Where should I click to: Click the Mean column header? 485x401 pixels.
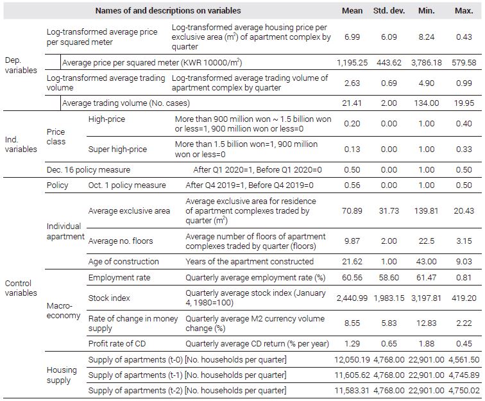[x=352, y=11]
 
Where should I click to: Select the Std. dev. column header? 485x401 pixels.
[x=389, y=11]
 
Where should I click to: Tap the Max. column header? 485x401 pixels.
[x=464, y=11]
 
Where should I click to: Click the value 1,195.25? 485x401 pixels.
[x=352, y=63]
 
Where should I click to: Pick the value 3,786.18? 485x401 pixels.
[x=426, y=63]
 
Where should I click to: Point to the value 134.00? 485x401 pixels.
[x=426, y=103]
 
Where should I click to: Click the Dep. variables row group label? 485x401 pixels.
[x=21, y=65]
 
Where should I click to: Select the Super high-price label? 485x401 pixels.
[x=117, y=149]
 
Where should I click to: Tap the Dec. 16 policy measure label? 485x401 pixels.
[x=89, y=170]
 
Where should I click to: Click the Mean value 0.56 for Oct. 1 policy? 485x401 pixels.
[x=352, y=185]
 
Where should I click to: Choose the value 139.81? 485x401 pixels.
[x=426, y=211]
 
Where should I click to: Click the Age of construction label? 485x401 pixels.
[x=123, y=262]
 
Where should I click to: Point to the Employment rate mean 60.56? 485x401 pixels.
[x=352, y=278]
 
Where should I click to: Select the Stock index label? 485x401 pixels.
[x=109, y=298]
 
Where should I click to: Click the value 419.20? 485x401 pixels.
[x=464, y=298]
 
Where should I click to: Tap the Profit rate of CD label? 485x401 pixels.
[x=117, y=344]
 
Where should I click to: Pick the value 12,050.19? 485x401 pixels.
[x=352, y=360]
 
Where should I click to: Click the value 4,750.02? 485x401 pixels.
[x=464, y=391]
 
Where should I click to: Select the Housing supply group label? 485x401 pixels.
[x=62, y=375]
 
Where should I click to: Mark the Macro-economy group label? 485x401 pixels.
[x=64, y=311]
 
